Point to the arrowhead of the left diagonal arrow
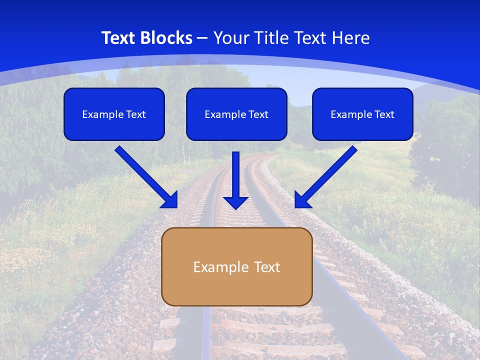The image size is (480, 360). [170, 200]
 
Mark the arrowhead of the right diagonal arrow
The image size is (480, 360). [301, 200]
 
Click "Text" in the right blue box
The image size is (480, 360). [384, 114]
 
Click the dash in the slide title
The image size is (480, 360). [202, 38]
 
